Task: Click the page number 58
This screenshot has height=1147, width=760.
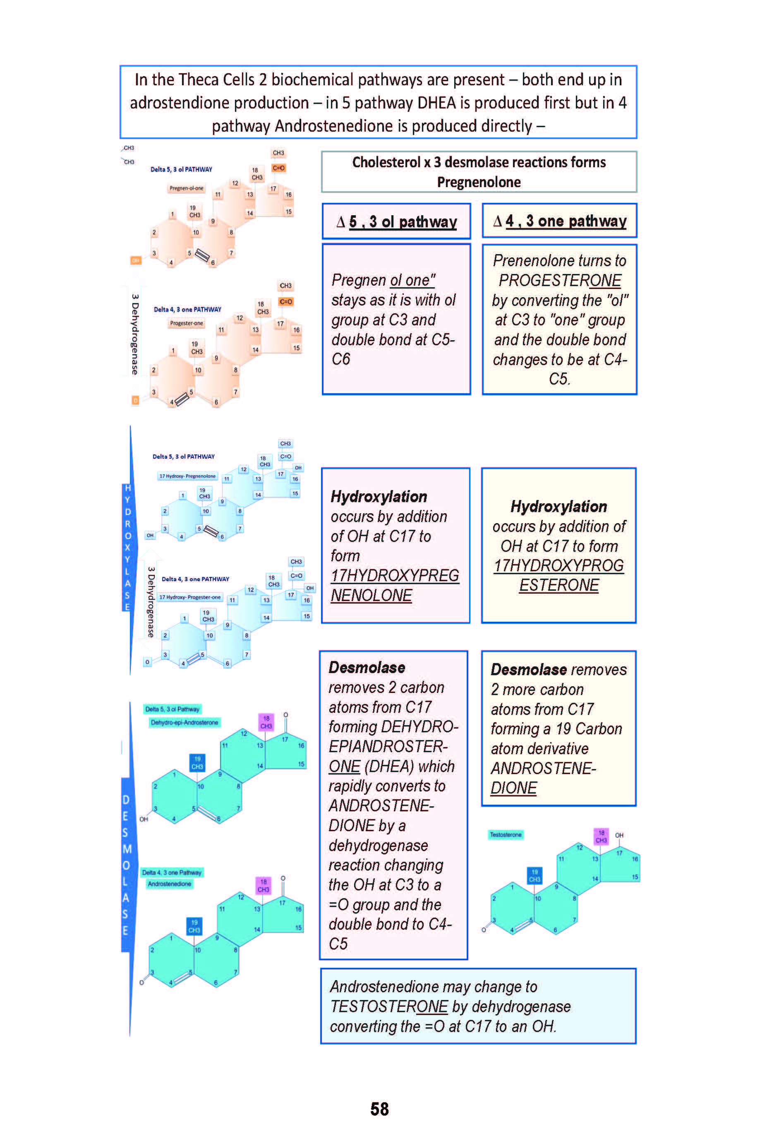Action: click(379, 1109)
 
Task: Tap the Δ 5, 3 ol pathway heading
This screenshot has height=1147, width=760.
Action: click(396, 221)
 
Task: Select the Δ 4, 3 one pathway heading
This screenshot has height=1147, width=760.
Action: click(559, 221)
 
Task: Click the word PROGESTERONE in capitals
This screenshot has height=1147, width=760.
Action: click(560, 280)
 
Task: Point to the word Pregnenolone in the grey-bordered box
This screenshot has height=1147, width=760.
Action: click(478, 183)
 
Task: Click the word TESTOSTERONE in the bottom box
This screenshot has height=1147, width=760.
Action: click(389, 1006)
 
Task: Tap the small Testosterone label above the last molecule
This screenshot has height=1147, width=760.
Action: click(505, 834)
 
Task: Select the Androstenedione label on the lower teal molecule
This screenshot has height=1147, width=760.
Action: click(169, 884)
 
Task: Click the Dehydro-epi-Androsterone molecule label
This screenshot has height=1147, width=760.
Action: click(184, 723)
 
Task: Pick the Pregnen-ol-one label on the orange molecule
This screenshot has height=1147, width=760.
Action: click(186, 188)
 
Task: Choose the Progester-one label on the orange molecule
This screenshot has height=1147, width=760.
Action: click(186, 323)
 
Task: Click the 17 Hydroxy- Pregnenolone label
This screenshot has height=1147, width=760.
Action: click(187, 476)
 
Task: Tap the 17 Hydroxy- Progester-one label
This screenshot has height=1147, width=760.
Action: click(189, 597)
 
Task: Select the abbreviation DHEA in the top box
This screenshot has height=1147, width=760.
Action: click(443, 103)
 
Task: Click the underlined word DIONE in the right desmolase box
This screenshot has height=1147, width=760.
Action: click(513, 788)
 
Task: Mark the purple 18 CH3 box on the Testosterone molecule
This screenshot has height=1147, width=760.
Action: click(601, 837)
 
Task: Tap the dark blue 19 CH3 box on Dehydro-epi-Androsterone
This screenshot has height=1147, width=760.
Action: click(197, 762)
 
